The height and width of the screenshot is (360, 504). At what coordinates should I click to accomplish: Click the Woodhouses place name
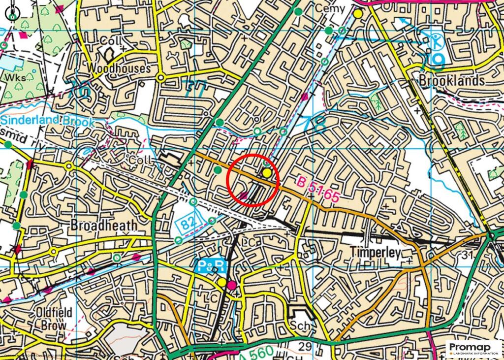[x=119, y=68]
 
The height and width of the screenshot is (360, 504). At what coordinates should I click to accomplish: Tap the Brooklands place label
[x=452, y=80]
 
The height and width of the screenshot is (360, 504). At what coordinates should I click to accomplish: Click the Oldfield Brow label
[x=54, y=318]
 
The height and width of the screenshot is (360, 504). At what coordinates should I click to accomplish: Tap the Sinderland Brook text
[x=46, y=120]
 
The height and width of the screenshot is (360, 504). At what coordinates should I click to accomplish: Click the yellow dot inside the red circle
[x=267, y=173]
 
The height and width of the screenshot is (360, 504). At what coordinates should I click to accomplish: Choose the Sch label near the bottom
[x=299, y=326]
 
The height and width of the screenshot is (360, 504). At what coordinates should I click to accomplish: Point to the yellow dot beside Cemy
[x=358, y=14]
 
